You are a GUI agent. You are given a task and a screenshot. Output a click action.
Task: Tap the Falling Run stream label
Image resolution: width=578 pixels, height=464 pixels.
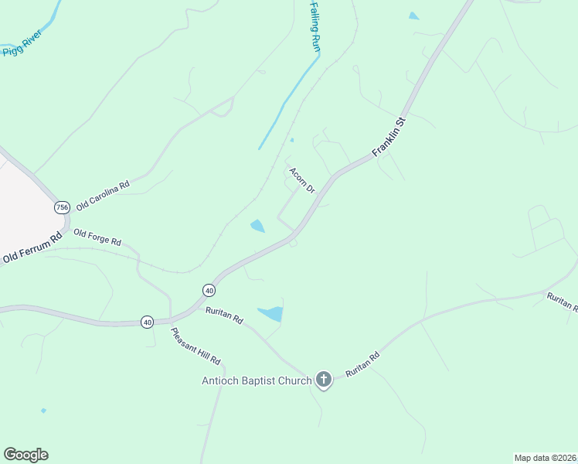314,26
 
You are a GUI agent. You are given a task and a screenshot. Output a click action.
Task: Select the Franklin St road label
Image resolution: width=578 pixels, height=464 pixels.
389,138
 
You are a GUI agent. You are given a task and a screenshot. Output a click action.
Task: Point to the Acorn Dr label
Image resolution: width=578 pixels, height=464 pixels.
302,180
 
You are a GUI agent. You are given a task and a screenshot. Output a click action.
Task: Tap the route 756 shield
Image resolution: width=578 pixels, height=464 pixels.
62,207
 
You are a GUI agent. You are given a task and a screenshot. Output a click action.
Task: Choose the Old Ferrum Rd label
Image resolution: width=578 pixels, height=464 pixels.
32,248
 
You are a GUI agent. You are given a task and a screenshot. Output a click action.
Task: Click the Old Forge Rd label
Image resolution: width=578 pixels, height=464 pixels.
97,237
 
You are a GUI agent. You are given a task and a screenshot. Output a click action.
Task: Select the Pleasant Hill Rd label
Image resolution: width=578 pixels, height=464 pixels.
195,346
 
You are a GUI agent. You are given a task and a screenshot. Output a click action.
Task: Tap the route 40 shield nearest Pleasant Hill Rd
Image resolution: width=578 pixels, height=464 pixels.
147,322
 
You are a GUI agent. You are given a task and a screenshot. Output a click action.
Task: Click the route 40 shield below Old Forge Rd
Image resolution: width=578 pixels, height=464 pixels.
209,290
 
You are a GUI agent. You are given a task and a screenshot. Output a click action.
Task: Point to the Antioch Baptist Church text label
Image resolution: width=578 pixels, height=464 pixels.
257,380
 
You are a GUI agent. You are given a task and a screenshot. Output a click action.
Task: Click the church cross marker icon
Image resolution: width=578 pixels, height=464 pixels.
324,380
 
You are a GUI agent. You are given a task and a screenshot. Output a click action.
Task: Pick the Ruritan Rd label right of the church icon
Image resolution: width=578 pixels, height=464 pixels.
363,365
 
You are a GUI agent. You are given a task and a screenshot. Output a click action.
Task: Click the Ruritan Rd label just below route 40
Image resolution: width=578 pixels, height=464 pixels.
225,316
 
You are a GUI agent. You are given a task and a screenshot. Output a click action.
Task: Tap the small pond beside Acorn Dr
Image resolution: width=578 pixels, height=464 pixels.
257,226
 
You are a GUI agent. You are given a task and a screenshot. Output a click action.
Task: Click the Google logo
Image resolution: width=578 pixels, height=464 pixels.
25,455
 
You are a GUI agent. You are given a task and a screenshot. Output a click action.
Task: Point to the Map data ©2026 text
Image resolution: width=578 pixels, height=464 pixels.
545,457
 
